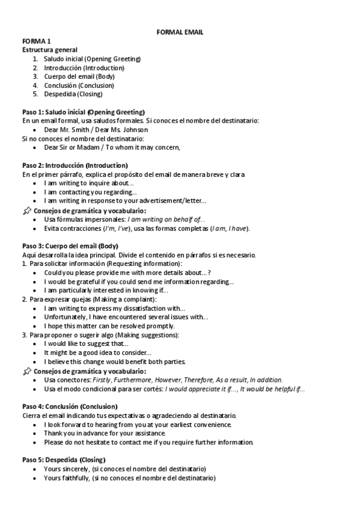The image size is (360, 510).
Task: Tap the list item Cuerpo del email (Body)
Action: coord(79,76)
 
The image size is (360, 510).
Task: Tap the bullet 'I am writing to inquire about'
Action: coord(90,183)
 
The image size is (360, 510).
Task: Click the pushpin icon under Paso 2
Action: coord(26,210)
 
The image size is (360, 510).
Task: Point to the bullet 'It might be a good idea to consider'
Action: coord(97,352)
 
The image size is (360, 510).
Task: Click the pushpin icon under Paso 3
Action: coord(26,371)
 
